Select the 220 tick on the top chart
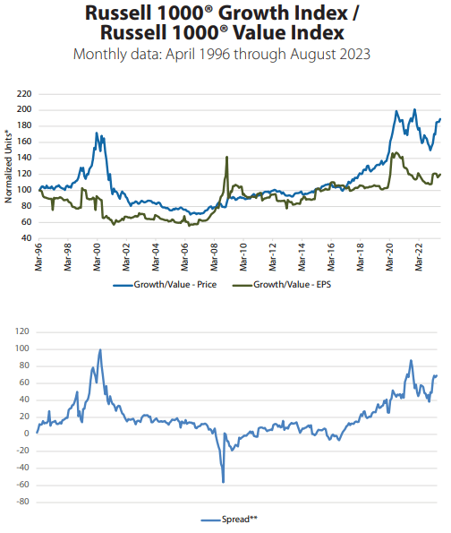pos(25,93)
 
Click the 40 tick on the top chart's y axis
pos(28,238)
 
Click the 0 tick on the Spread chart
pos(29,434)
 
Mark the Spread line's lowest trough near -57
pos(223,482)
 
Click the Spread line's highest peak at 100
pos(100,349)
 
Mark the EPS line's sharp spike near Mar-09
pos(226,157)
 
